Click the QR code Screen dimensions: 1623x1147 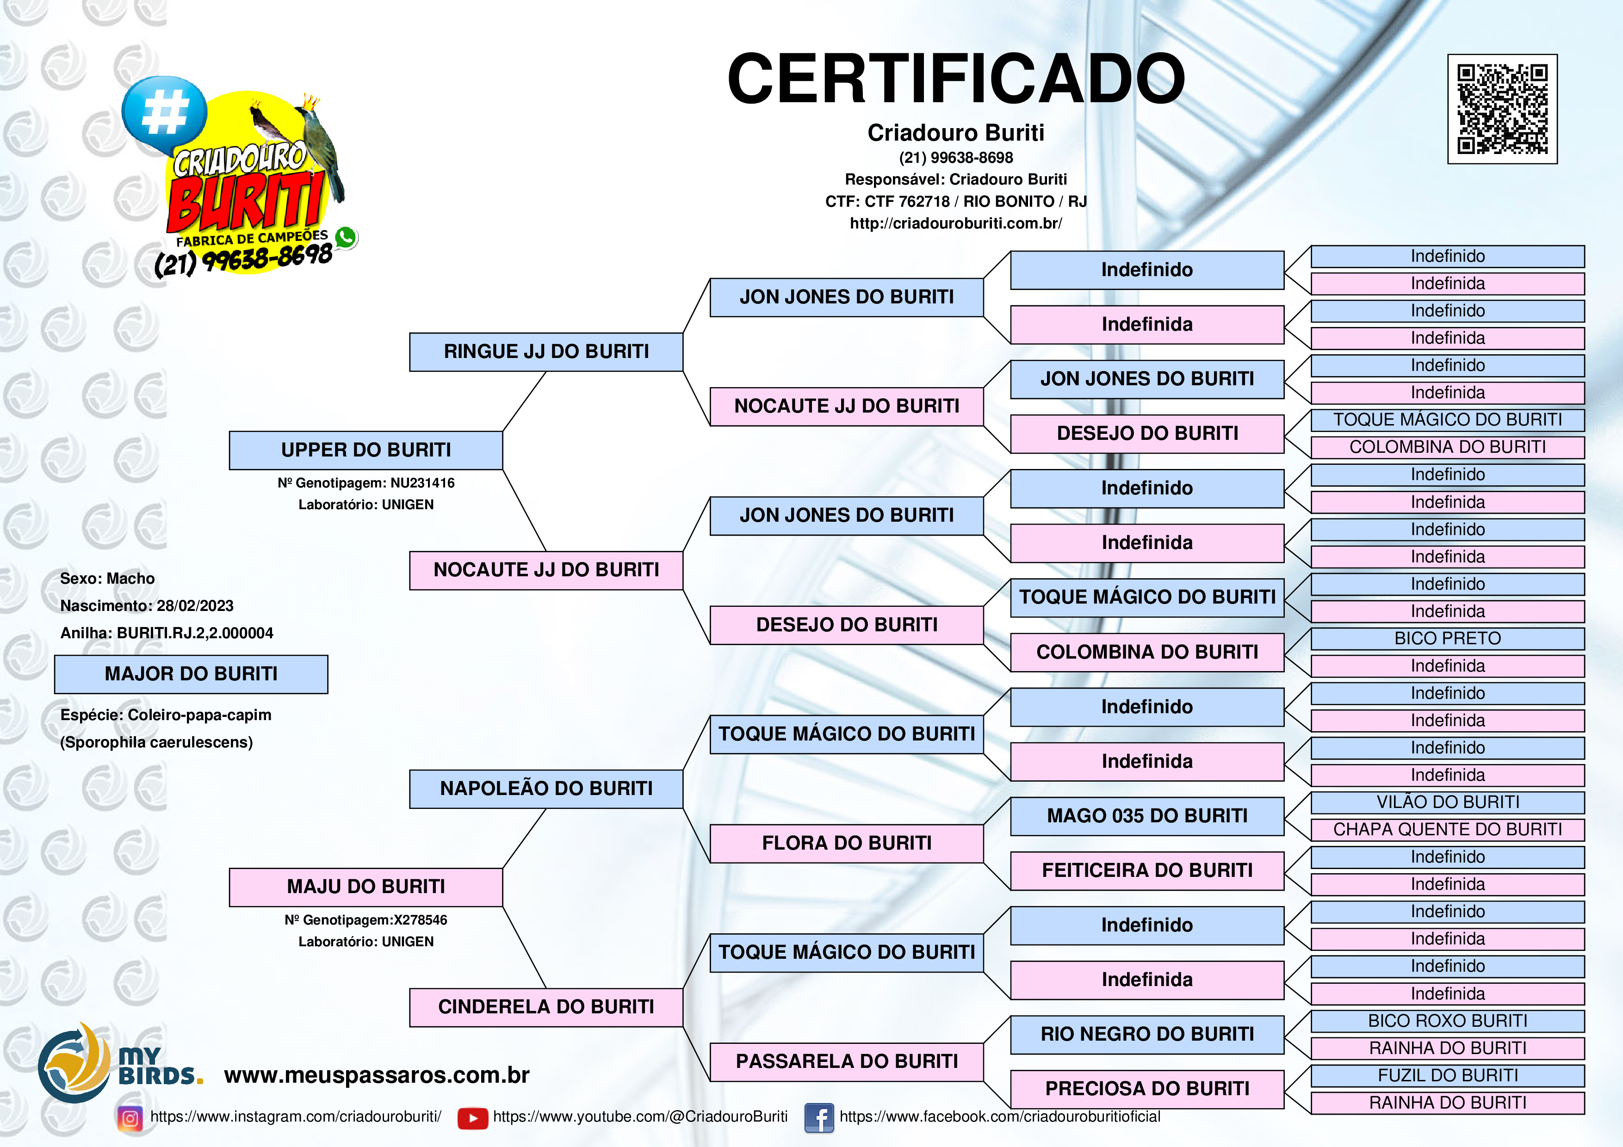tap(1502, 109)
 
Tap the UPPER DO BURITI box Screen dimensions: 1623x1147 tap(366, 450)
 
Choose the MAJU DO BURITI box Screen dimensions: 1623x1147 tap(366, 887)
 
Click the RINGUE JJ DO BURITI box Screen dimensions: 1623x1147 tap(546, 352)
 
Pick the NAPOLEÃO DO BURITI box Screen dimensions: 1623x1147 tap(546, 789)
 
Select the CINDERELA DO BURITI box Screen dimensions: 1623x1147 tap(546, 1007)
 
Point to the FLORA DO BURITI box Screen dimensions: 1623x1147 tap(847, 843)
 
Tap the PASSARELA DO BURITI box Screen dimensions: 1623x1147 tap(847, 1061)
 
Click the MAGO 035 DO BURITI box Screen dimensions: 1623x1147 tap(1147, 816)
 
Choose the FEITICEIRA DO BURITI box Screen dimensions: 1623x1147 tap(1147, 871)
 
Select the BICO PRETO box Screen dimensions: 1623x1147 tap(1448, 639)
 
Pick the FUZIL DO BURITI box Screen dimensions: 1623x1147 tap(1448, 1076)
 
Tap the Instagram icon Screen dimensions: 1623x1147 tap(130, 1118)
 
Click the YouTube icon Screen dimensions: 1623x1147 tap(473, 1118)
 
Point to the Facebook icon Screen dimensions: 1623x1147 tap(819, 1118)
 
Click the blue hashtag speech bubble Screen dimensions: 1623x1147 tap(164, 113)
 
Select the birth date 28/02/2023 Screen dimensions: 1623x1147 tap(195, 606)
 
